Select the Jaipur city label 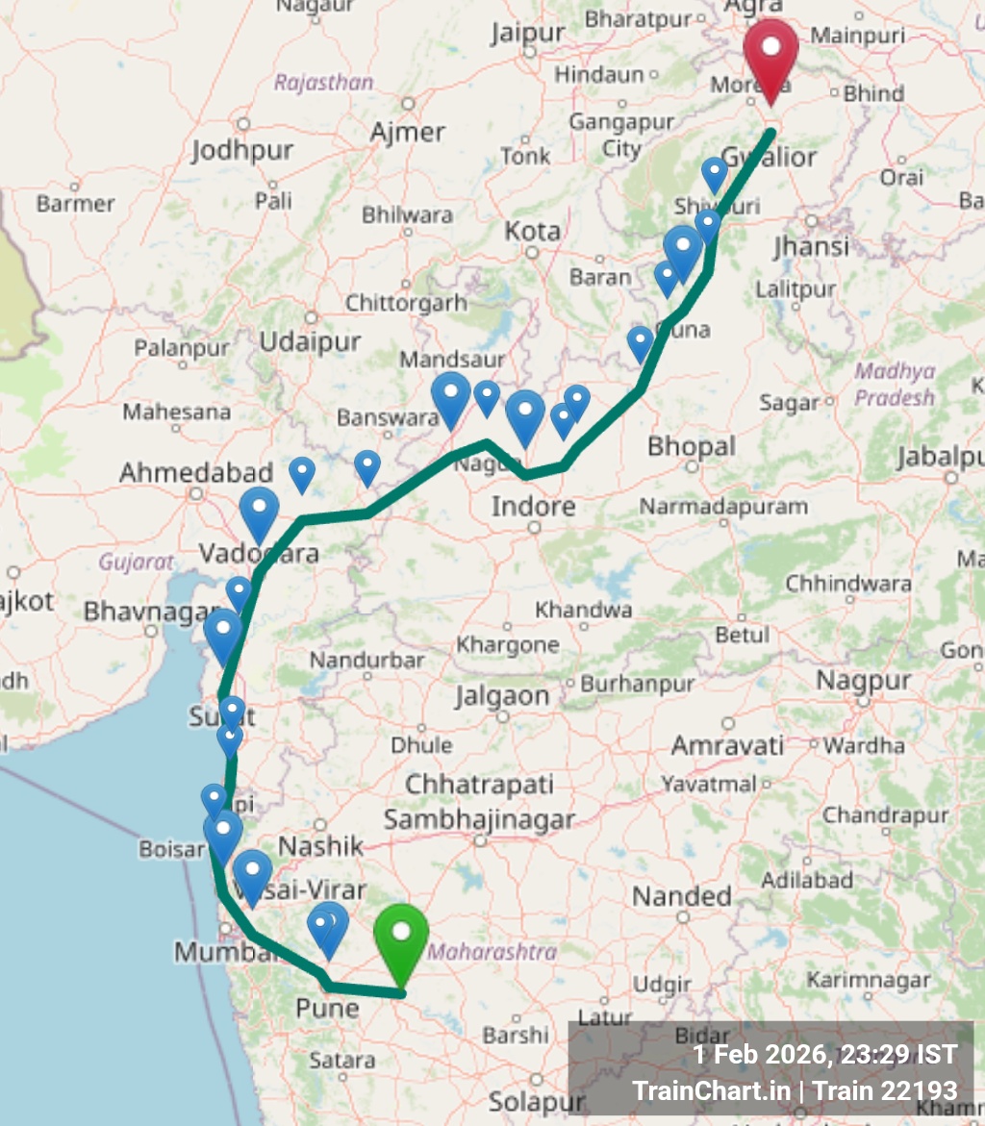527,33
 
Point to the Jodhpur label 241,151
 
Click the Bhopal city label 691,446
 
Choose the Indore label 534,506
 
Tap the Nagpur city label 863,681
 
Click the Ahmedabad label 196,473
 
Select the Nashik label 321,846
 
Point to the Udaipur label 310,341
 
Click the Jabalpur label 941,458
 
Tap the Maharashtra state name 492,952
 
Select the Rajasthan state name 323,83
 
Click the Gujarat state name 136,562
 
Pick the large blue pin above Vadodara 259,511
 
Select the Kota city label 533,231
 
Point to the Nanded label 682,896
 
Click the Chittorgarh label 406,303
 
